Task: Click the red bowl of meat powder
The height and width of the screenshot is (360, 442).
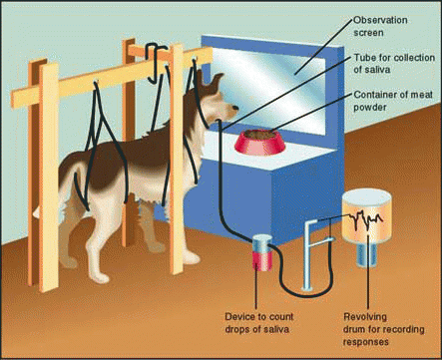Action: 260,142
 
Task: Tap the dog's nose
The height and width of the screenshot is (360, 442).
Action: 235,108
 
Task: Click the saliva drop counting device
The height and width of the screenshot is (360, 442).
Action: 262,251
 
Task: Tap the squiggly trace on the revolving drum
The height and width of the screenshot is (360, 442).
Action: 365,220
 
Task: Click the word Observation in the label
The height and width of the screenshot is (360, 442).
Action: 380,20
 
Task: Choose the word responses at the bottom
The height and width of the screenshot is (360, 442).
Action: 366,342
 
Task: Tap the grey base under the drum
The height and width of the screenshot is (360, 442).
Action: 367,253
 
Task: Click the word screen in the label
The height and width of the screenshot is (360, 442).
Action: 368,33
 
